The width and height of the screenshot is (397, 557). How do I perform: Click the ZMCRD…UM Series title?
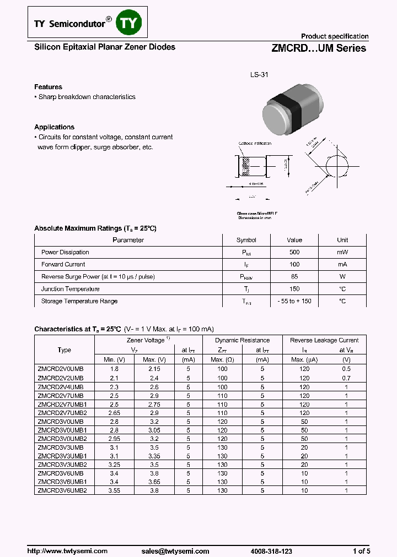click(318, 48)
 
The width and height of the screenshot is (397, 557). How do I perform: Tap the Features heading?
click(48, 87)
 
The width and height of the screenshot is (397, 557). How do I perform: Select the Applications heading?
click(54, 127)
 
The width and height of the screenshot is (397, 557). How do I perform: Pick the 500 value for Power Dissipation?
click(294, 252)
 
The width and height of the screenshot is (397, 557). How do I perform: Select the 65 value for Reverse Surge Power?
click(294, 277)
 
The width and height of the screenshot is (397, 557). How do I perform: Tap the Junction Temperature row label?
click(70, 289)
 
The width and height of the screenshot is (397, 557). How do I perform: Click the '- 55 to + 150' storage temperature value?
click(294, 301)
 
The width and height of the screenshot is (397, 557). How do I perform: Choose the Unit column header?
click(342, 240)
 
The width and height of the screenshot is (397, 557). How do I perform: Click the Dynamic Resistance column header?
click(242, 340)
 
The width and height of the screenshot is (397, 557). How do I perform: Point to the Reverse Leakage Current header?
click(324, 340)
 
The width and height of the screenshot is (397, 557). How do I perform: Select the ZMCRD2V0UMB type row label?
click(60, 369)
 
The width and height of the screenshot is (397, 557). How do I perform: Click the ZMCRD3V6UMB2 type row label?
click(62, 490)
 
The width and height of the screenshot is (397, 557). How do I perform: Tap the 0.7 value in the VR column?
click(346, 378)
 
